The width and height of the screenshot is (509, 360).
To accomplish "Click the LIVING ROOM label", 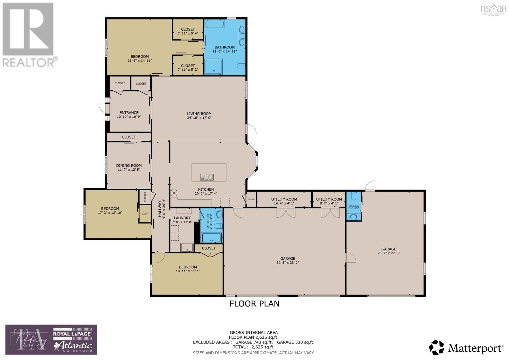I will (199, 114).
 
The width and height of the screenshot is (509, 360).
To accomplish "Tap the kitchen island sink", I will (207, 177).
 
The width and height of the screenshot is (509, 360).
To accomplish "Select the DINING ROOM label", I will (129, 166).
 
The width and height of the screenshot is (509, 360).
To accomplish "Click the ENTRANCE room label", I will (129, 113).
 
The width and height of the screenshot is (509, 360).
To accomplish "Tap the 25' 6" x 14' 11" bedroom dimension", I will (140, 60).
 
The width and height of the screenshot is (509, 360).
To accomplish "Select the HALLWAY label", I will (160, 208).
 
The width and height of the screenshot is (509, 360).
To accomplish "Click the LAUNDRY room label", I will (182, 218).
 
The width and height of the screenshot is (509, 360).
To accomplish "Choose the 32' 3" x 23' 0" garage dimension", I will (288, 263).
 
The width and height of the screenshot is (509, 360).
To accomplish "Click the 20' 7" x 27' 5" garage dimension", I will (388, 253).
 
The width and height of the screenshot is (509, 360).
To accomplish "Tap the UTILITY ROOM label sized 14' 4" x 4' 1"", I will (284, 199).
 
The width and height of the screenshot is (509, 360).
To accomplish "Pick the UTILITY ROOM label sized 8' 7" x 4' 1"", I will (329, 199).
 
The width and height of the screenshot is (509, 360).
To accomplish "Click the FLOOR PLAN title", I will (254, 304).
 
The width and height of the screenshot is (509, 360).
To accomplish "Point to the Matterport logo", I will (466, 348).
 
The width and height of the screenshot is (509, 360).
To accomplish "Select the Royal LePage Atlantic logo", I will (73, 340).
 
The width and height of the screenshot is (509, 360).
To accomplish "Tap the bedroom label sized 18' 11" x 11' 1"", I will (188, 267).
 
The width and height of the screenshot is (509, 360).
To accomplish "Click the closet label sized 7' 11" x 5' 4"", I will (188, 29).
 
